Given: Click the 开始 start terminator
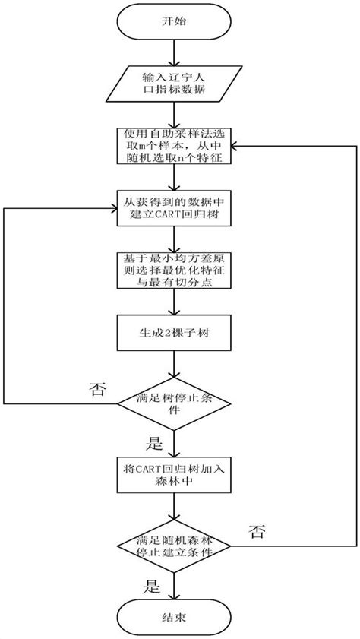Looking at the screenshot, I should pos(175,22).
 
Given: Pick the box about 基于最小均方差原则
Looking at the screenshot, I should pos(175,270).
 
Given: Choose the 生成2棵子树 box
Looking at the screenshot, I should pos(175,331).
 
